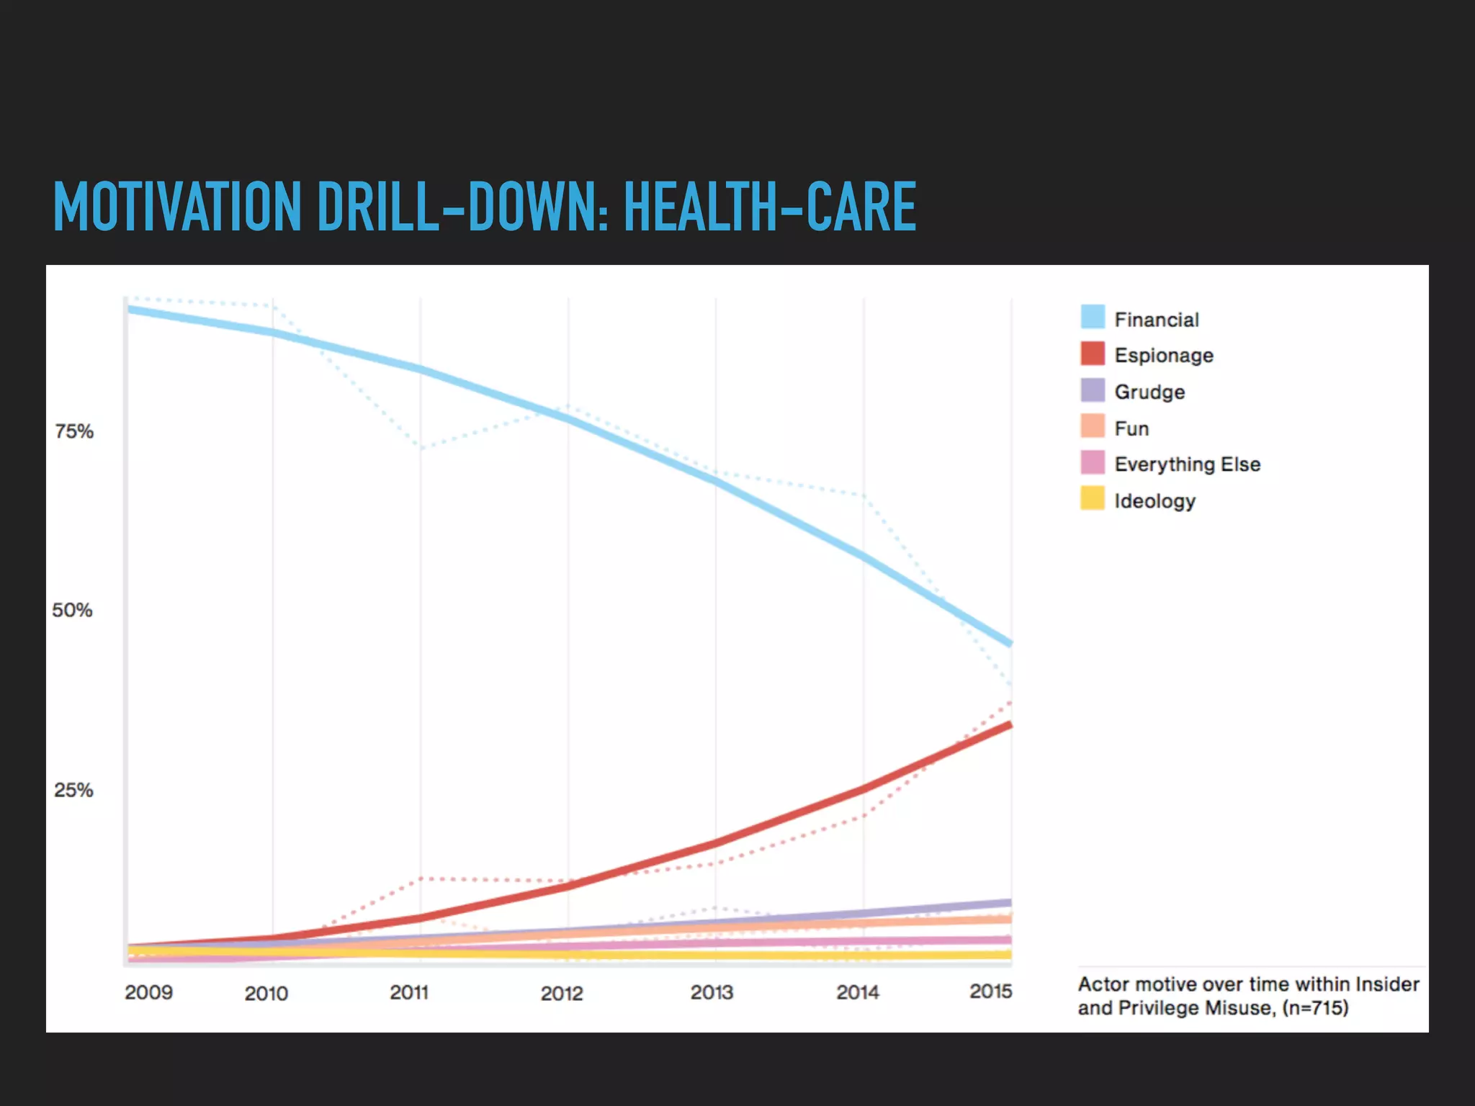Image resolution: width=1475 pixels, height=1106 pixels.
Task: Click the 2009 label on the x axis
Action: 148,992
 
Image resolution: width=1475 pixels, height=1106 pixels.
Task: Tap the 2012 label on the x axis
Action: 562,994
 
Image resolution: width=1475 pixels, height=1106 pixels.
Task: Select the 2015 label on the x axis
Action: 990,992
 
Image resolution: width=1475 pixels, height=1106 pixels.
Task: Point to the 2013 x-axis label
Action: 712,992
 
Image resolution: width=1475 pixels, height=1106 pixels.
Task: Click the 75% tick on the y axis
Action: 74,431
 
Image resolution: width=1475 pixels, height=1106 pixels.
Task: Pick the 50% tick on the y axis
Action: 73,611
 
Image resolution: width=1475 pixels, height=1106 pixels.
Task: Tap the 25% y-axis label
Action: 73,790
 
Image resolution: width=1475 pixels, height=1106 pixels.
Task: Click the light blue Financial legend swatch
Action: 1093,317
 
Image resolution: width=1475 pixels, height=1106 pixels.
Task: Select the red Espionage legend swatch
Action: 1093,354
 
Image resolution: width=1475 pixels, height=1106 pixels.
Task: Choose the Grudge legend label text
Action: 1149,392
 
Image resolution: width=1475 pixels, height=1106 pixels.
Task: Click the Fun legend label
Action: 1131,428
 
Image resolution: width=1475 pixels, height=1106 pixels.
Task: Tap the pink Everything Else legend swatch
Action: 1093,462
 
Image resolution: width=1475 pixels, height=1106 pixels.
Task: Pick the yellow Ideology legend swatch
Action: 1093,498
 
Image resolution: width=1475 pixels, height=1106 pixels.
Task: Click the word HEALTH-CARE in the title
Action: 769,207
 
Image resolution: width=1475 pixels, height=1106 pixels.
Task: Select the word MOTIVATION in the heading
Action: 177,207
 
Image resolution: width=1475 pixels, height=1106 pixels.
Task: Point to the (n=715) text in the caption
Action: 1315,1007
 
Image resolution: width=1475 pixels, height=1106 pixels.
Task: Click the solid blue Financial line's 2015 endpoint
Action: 1010,642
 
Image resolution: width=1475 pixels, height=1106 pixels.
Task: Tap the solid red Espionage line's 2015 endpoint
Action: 1010,725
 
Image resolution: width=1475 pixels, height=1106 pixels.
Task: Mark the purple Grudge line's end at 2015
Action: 1010,902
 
